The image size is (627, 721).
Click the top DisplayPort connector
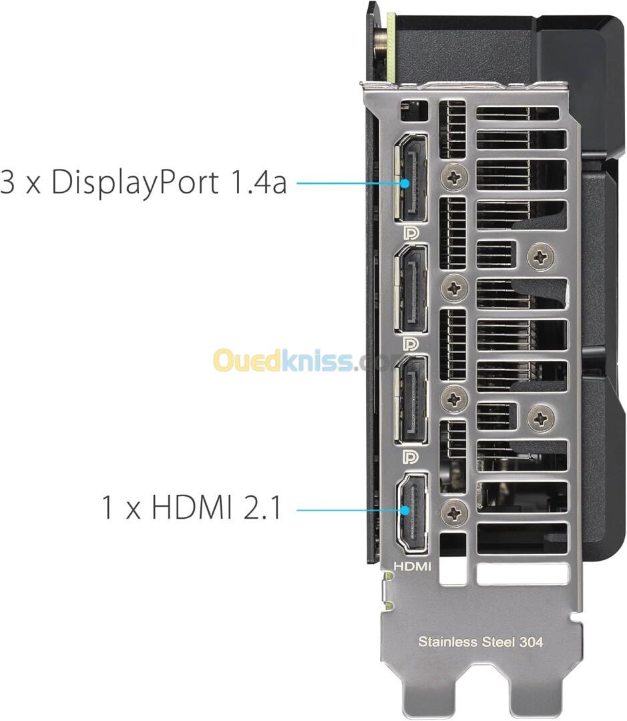(411, 178)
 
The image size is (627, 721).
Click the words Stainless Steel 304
(480, 642)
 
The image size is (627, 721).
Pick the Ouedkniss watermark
(294, 361)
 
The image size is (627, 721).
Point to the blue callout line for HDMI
(351, 509)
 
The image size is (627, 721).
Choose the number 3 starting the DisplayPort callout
(8, 181)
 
